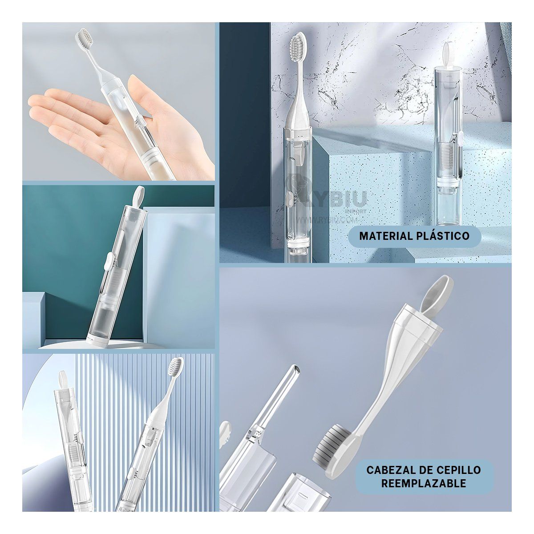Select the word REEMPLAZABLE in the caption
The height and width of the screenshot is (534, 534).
pos(423,483)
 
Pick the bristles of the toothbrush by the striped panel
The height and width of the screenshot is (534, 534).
pos(174,367)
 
